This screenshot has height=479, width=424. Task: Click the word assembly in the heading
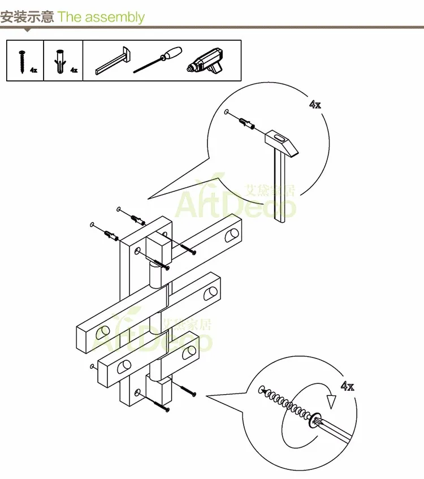(115, 18)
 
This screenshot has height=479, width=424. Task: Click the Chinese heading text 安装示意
(27, 16)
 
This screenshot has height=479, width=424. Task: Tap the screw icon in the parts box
(22, 62)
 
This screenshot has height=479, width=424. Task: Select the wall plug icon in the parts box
(60, 61)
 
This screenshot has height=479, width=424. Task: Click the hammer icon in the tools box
(113, 61)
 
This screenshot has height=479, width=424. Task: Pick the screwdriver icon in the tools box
(158, 60)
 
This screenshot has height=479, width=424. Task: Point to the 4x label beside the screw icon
(33, 70)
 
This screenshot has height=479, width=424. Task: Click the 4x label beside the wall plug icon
(74, 70)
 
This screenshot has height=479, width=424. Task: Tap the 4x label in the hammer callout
(315, 105)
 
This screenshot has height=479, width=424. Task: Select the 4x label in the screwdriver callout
(347, 386)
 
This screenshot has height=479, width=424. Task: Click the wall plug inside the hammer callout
(247, 123)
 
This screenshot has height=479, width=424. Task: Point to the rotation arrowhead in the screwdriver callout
(331, 402)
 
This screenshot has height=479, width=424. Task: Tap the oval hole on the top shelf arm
(232, 235)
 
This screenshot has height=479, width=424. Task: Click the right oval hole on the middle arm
(211, 292)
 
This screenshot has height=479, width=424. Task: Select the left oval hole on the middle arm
(103, 333)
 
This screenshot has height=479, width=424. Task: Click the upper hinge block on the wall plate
(158, 248)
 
